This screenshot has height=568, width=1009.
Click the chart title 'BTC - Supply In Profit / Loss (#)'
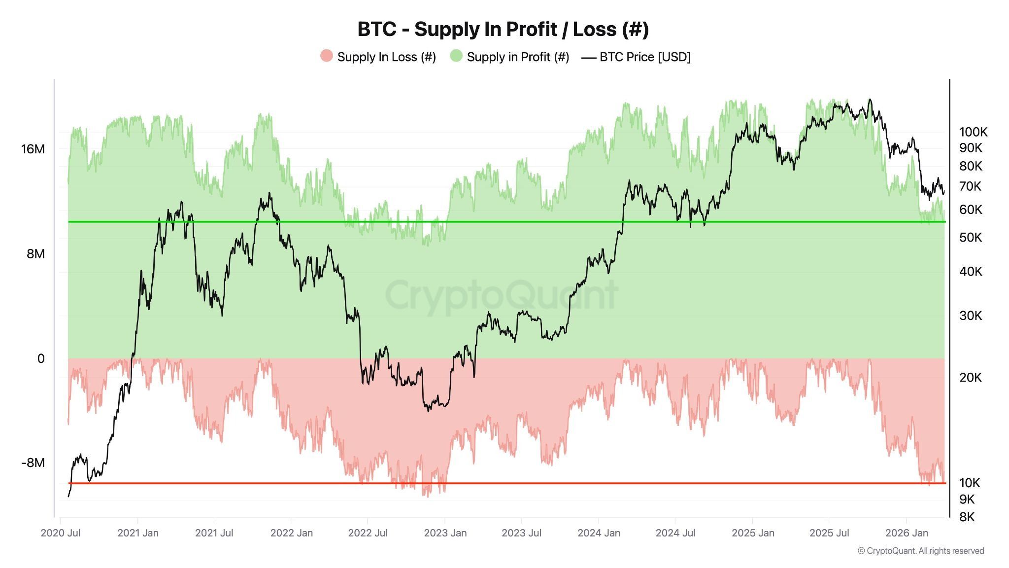click(503, 29)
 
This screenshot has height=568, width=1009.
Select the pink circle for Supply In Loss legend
click(326, 56)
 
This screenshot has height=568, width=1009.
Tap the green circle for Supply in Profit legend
click(456, 56)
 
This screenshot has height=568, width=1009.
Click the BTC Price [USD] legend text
click(644, 57)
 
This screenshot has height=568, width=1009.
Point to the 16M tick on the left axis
click(33, 149)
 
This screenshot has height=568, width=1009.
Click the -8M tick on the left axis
click(33, 462)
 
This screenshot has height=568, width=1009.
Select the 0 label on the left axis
click(41, 358)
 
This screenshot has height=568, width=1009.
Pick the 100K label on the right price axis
click(973, 132)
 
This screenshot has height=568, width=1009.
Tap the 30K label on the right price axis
click(971, 316)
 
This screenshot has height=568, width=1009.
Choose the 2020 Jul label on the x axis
click(61, 533)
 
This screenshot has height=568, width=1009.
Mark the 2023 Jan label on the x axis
click(445, 533)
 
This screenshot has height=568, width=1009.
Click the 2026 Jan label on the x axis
click(907, 533)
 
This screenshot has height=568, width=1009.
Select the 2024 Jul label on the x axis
click(675, 533)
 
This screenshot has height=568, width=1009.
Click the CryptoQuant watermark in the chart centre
click(501, 295)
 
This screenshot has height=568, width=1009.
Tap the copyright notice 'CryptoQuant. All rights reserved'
click(921, 551)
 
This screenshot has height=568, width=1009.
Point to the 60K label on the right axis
click(971, 210)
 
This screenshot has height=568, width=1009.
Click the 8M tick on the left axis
click(35, 253)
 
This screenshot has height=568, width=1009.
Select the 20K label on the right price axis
click(971, 378)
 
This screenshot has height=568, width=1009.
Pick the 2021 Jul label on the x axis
click(214, 533)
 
